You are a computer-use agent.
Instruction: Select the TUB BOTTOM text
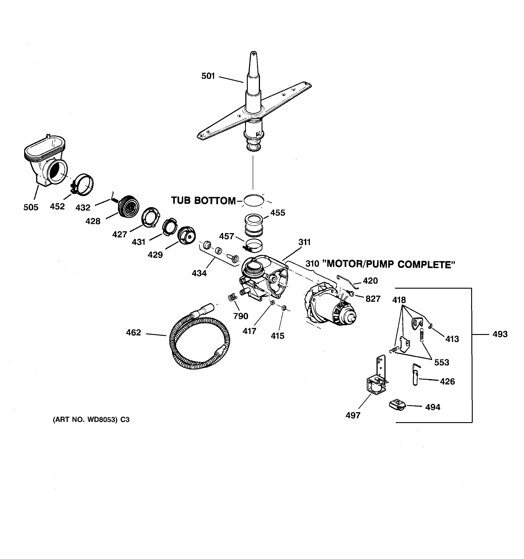point(203,201)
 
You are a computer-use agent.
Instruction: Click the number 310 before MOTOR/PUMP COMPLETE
point(312,264)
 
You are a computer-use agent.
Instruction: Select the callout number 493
point(500,334)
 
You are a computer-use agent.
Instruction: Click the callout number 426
point(447,381)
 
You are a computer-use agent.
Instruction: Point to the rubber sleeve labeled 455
point(255,225)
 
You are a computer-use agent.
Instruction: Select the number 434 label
point(199,273)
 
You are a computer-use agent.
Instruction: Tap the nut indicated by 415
point(284,308)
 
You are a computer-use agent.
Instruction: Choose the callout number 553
point(442,363)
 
